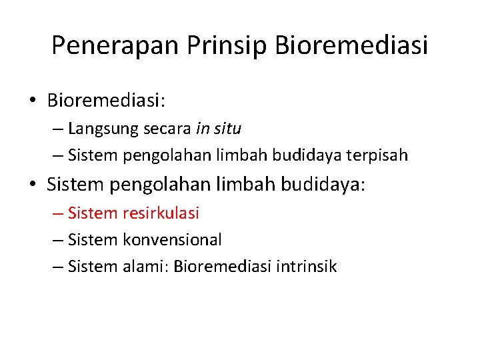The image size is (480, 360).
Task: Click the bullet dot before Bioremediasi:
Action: pyautogui.click(x=33, y=101)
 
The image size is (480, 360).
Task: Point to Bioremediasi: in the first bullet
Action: pyautogui.click(x=106, y=101)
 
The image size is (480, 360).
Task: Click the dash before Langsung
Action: pyautogui.click(x=57, y=129)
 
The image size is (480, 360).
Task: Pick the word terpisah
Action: pyautogui.click(x=379, y=155)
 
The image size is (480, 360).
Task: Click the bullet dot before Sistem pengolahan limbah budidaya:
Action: pyautogui.click(x=33, y=185)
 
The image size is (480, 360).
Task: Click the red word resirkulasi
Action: pyautogui.click(x=161, y=213)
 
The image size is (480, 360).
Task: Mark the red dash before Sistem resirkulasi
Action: pyautogui.click(x=57, y=213)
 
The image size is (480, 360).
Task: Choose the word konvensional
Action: pyautogui.click(x=173, y=239)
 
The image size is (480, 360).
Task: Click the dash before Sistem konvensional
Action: pyautogui.click(x=57, y=240)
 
